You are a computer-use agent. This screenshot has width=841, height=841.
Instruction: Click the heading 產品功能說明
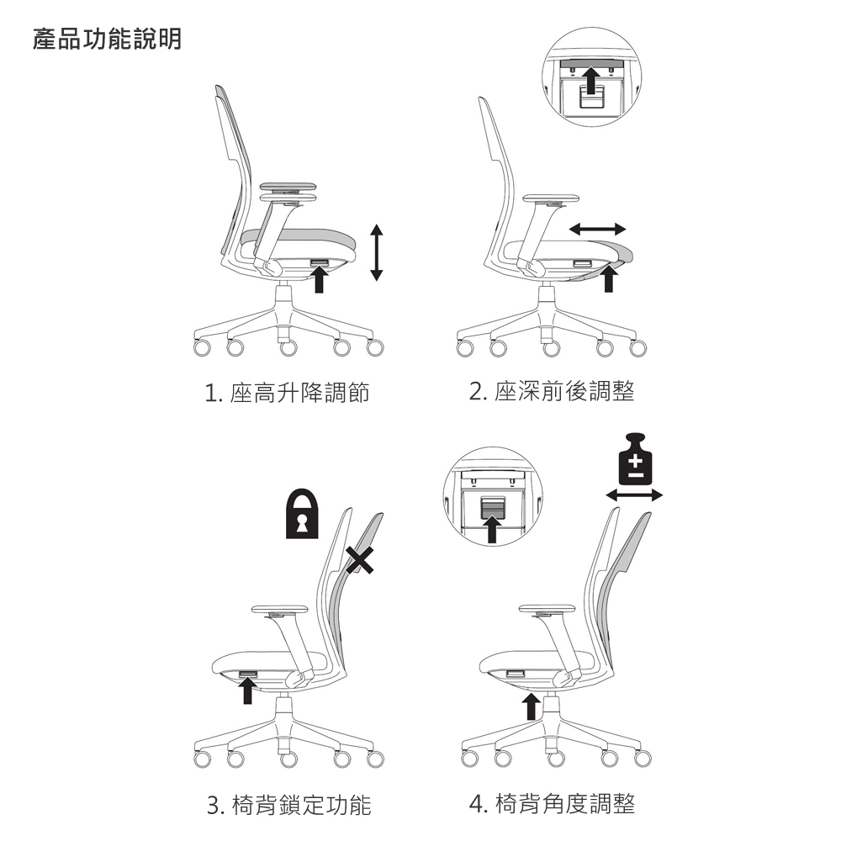tap(108, 40)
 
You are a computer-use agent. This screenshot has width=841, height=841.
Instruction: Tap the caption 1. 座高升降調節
tap(287, 393)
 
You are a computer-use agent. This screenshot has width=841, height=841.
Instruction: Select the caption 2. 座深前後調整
tap(552, 392)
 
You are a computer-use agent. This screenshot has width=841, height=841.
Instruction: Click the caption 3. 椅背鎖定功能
tap(288, 805)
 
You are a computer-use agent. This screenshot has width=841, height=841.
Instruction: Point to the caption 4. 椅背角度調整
tap(552, 804)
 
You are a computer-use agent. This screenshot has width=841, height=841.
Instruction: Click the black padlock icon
tap(302, 513)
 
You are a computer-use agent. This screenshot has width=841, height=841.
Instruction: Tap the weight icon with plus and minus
tap(635, 458)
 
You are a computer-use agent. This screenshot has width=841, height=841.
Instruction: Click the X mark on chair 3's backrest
tap(359, 560)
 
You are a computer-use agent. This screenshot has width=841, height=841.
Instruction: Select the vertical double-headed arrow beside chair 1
tap(377, 252)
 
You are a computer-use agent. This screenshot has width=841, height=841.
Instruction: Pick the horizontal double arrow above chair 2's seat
tap(597, 229)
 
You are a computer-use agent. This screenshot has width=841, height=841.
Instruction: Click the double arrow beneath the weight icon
tap(634, 495)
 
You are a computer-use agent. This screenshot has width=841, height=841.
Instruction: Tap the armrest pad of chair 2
tap(552, 198)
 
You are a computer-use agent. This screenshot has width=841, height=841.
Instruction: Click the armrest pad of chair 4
tap(547, 609)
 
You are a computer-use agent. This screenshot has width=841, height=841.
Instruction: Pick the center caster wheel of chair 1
tap(288, 347)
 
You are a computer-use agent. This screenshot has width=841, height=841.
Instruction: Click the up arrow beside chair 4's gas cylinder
tap(531, 706)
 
